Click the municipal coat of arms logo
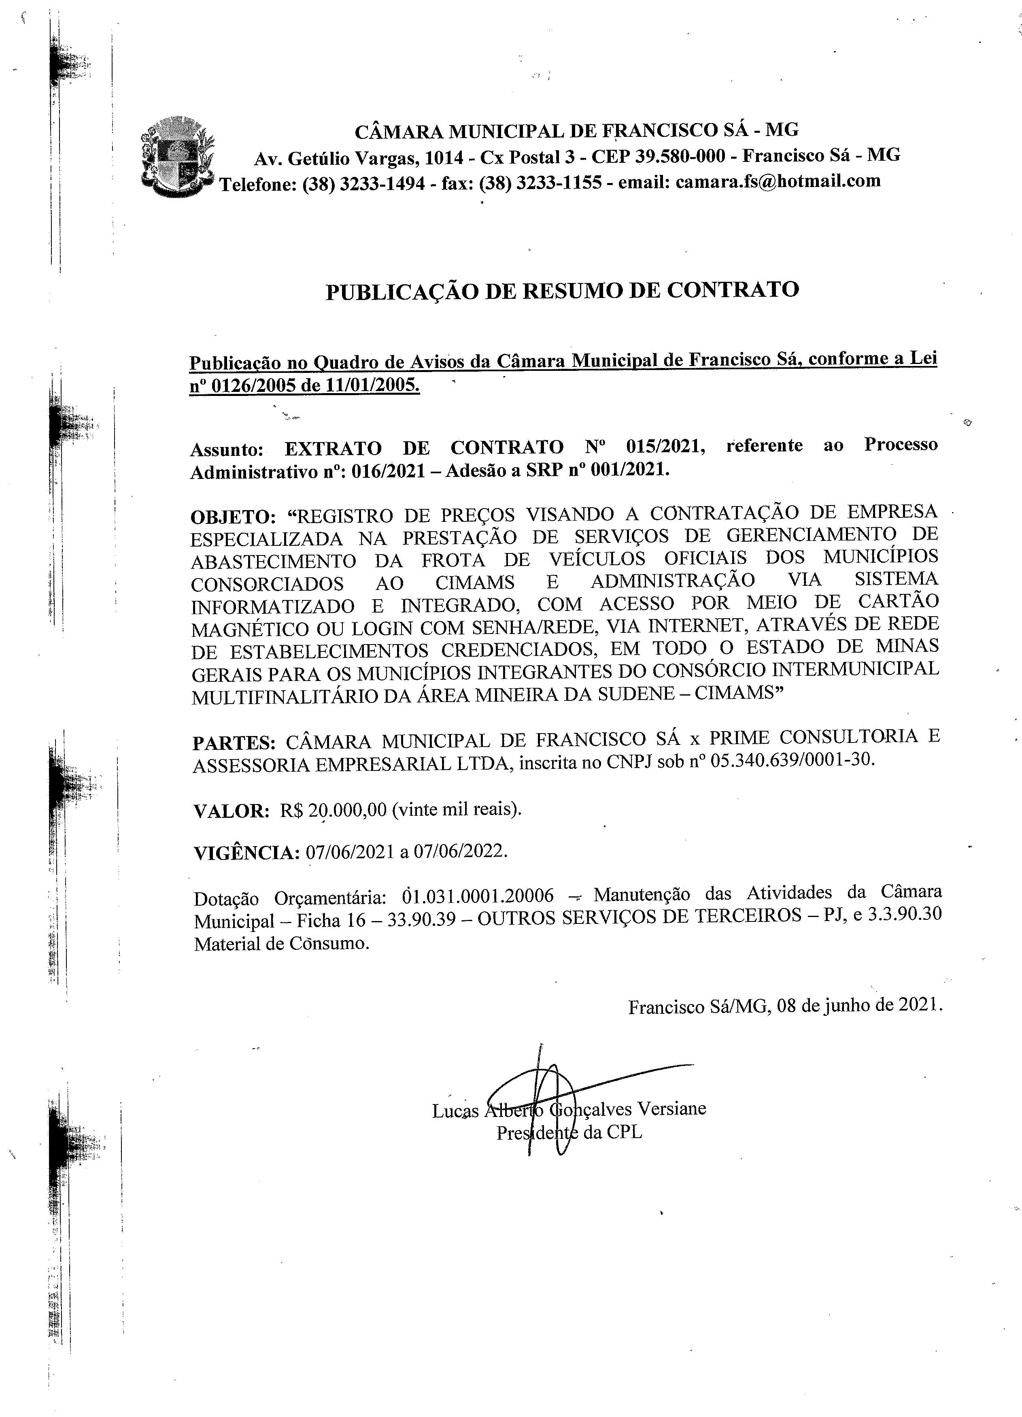pyautogui.click(x=177, y=157)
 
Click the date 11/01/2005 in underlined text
pyautogui.click(x=372, y=385)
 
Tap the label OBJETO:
pyautogui.click(x=232, y=517)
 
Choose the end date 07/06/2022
pyautogui.click(x=459, y=851)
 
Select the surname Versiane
pyautogui.click(x=671, y=1109)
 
